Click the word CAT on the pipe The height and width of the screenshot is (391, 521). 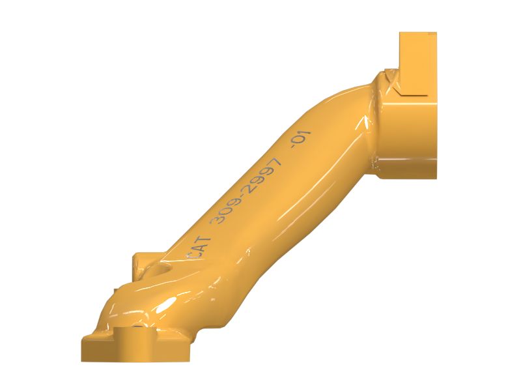tap(199, 248)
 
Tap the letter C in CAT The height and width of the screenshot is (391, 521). tap(191, 255)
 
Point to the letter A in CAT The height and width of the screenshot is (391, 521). tap(199, 248)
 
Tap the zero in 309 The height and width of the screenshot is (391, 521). tap(224, 213)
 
